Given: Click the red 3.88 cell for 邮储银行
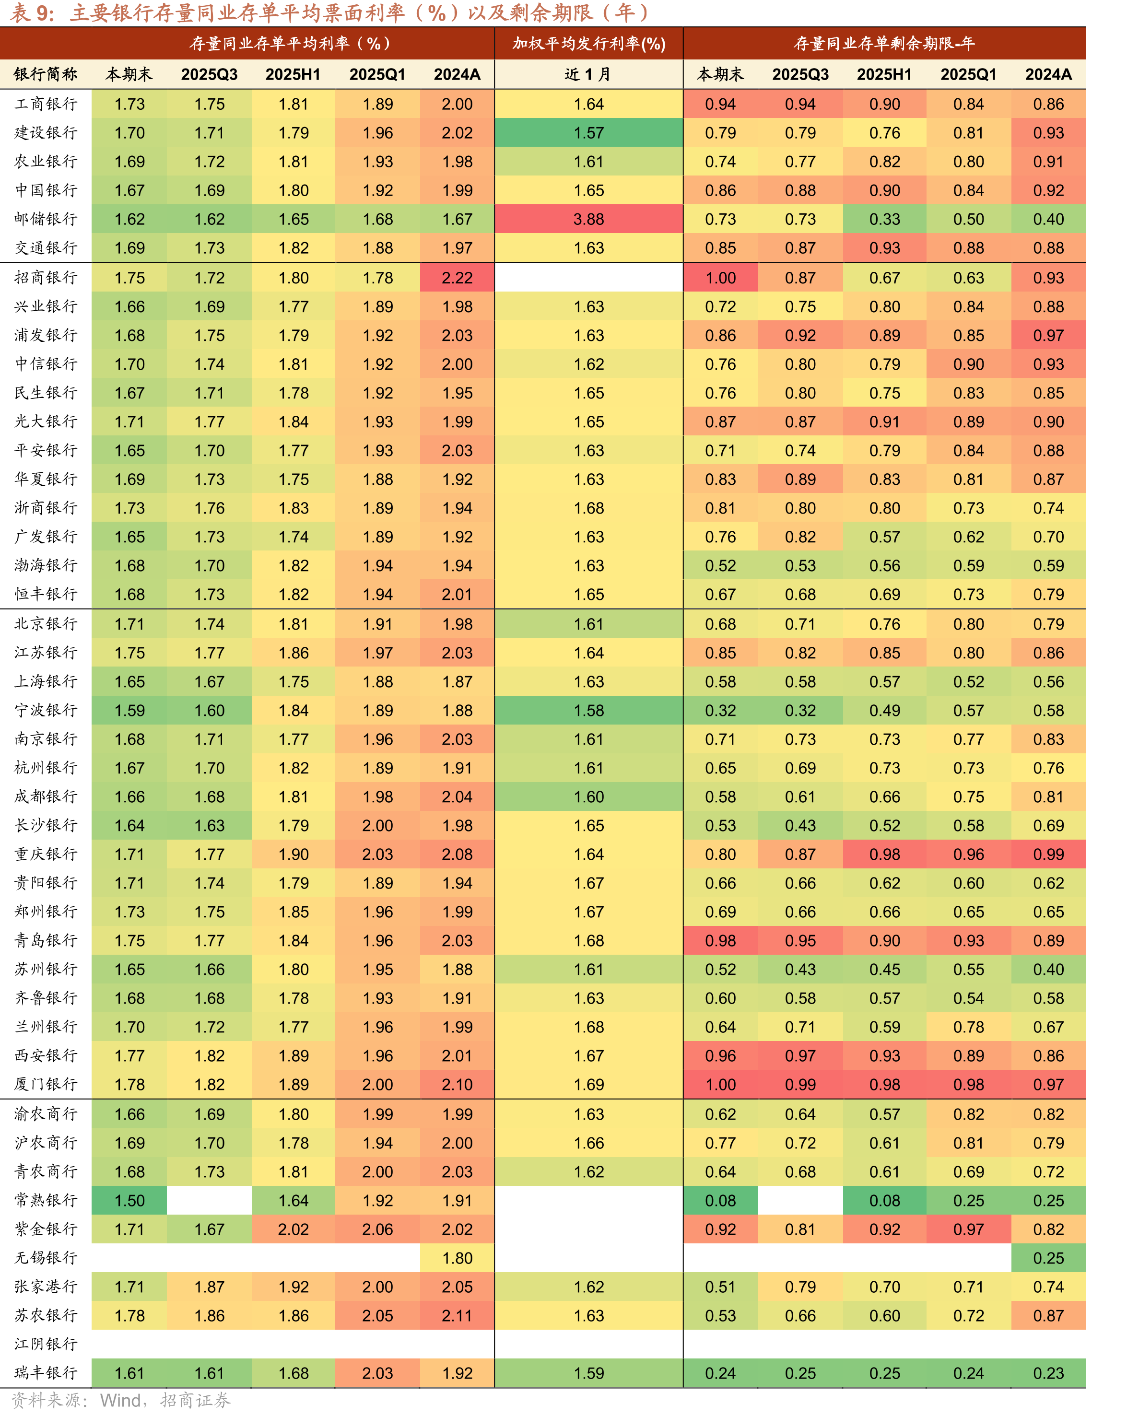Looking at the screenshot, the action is (x=588, y=219).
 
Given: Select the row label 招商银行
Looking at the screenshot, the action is (x=46, y=278).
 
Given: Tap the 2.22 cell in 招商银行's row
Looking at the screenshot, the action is (x=457, y=278).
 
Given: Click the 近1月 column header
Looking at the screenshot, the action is (x=588, y=74).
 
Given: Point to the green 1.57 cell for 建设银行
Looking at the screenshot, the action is (x=588, y=133).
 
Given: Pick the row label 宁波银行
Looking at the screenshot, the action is (x=46, y=710).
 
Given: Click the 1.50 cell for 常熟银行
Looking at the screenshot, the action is (x=129, y=1201).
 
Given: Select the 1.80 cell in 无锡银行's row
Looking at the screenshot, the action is (x=457, y=1258).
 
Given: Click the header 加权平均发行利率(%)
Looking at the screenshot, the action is (x=588, y=43).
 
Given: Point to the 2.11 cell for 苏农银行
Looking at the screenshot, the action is (x=457, y=1315).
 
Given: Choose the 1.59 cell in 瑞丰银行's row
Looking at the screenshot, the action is (x=588, y=1373).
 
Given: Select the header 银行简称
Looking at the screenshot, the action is (x=46, y=74).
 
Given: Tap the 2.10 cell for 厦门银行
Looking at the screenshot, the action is (x=457, y=1084).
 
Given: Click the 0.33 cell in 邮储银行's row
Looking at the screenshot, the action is (x=885, y=219).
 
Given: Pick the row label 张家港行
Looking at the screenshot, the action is (x=46, y=1287).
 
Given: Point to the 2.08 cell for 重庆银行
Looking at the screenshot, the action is (x=457, y=854).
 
